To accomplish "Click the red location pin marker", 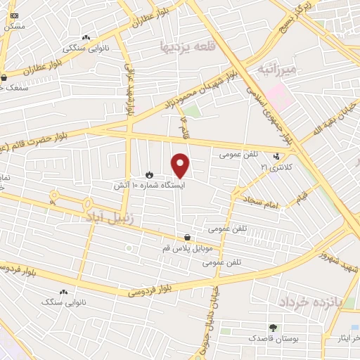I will pyautogui.click(x=181, y=165).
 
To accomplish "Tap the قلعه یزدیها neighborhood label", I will pyautogui.click(x=186, y=46).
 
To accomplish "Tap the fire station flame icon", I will pyautogui.click(x=148, y=174).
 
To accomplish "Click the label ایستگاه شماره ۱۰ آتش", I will pyautogui.click(x=149, y=186).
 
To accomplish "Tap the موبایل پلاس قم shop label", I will pyautogui.click(x=186, y=249).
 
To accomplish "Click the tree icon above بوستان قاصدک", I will pyautogui.click(x=273, y=328).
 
